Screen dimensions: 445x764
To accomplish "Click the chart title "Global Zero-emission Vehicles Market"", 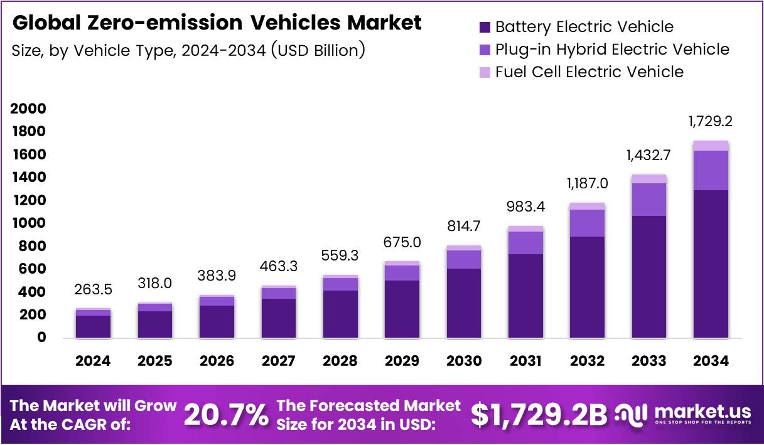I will (x=217, y=23).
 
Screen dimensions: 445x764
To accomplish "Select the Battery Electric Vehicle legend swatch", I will (x=485, y=27).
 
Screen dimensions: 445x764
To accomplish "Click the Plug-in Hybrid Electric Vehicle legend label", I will (x=612, y=49).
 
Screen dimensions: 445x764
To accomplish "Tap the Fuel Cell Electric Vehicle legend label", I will (x=589, y=72).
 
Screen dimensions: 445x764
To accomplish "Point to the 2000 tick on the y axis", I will (x=29, y=109).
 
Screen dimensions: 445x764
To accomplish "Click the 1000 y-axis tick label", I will (x=29, y=223).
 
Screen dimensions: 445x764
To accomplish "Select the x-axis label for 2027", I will (x=277, y=361).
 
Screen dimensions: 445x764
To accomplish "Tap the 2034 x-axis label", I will (x=711, y=361).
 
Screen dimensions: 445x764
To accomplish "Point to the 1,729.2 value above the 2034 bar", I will (x=711, y=121).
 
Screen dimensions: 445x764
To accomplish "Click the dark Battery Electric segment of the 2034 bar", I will (x=711, y=264).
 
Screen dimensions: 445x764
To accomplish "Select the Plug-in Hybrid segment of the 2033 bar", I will (x=649, y=199).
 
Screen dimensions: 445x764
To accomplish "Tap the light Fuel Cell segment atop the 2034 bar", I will (x=711, y=146).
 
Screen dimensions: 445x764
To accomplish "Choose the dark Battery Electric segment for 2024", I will (x=93, y=326).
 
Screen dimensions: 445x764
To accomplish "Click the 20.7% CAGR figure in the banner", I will (x=226, y=414).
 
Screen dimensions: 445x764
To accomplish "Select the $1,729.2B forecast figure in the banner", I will (x=539, y=414).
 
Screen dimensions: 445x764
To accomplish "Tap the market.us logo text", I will (x=702, y=411).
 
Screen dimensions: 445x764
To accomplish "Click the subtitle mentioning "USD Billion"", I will (x=188, y=50).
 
